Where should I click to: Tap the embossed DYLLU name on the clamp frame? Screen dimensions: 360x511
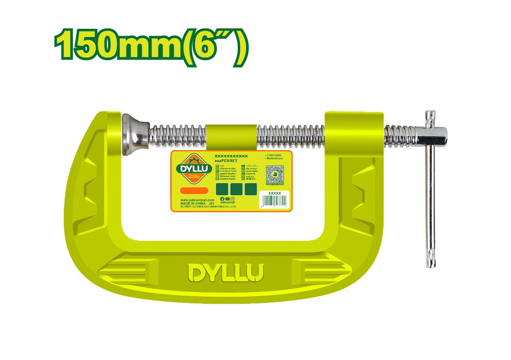pyautogui.click(x=226, y=273)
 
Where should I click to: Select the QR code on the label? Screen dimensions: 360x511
pyautogui.click(x=275, y=175)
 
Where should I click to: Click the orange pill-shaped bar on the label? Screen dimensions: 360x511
pyautogui.click(x=194, y=190)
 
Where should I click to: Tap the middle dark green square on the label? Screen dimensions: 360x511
pyautogui.click(x=236, y=189)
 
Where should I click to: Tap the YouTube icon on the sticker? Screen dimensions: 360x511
pyautogui.click(x=227, y=199)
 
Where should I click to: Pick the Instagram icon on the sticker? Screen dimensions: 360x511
pyautogui.click(x=233, y=199)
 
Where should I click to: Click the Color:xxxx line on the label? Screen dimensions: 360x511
pyautogui.click(x=274, y=155)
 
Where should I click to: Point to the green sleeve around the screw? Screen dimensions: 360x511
pyautogui.click(x=231, y=136)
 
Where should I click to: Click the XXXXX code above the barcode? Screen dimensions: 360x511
pyautogui.click(x=275, y=193)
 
